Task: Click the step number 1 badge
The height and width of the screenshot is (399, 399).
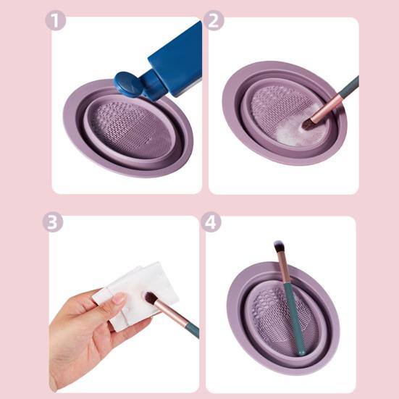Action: pyautogui.click(x=56, y=21)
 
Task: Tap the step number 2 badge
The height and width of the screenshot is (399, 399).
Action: pyautogui.click(x=214, y=20)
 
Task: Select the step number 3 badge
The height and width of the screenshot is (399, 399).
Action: pyautogui.click(x=52, y=222)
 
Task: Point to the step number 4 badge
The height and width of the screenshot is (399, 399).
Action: pyautogui.click(x=211, y=222)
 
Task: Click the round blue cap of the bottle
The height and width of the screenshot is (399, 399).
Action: pyautogui.click(x=127, y=84)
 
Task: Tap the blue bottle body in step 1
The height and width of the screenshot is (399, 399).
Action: pyautogui.click(x=173, y=64)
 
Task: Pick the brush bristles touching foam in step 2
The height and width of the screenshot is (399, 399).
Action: pyautogui.click(x=307, y=125)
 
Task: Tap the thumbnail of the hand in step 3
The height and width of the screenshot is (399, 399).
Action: pyautogui.click(x=119, y=298)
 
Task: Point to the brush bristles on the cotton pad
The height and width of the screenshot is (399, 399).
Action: pyautogui.click(x=151, y=298)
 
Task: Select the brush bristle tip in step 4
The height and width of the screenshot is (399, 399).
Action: pyautogui.click(x=279, y=245)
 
